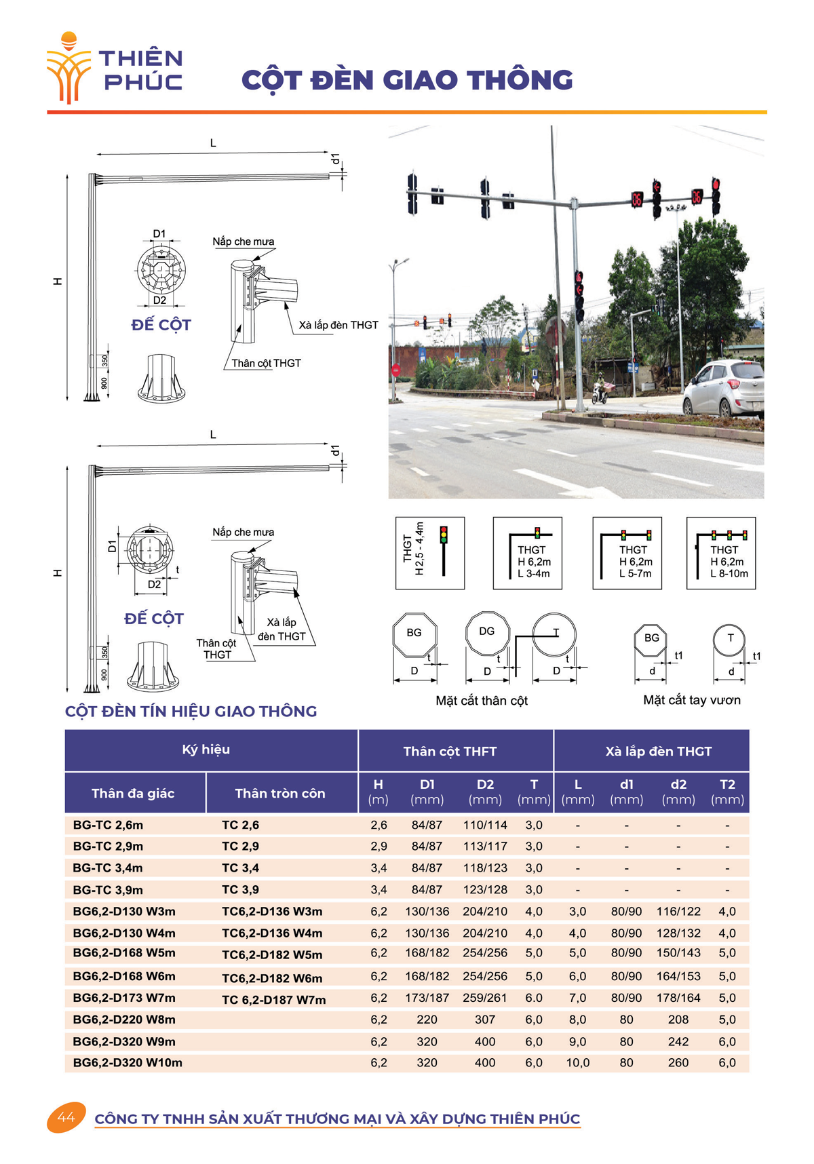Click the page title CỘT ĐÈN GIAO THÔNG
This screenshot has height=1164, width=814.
(x=407, y=80)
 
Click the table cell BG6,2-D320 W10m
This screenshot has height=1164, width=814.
(x=128, y=1063)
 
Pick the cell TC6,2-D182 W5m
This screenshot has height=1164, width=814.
(x=272, y=954)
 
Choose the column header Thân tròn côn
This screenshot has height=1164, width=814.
(x=279, y=794)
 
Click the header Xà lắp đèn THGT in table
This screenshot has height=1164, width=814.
(x=658, y=752)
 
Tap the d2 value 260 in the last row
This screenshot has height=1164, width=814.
(x=678, y=1063)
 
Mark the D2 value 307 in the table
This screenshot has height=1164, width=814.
(x=484, y=1020)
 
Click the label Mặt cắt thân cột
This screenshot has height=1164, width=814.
(x=482, y=701)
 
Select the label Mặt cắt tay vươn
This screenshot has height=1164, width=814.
(x=691, y=700)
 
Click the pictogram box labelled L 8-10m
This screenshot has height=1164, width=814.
(x=721, y=553)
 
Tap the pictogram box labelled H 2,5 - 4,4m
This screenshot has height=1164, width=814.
(x=430, y=553)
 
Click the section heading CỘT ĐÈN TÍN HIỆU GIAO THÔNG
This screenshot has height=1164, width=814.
(x=191, y=712)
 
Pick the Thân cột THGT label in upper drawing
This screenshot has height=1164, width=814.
(x=266, y=364)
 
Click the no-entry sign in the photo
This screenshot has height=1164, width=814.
(x=396, y=370)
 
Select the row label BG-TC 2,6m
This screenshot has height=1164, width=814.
(x=108, y=826)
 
